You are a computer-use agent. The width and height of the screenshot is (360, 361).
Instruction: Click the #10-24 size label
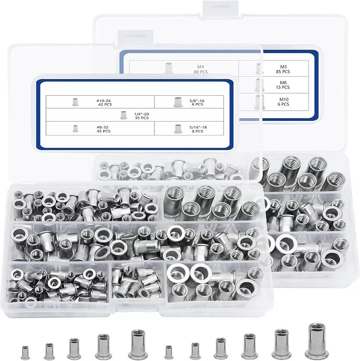104,100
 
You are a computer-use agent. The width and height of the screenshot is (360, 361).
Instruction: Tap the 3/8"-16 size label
197,100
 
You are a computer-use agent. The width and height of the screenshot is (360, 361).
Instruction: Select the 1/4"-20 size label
141,114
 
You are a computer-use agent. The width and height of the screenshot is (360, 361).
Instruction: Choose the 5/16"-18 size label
198,127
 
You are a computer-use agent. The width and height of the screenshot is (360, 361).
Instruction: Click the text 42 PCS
105,105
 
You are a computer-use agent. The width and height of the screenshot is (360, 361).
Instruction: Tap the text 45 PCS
104,131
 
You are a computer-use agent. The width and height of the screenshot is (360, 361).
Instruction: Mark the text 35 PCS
142,118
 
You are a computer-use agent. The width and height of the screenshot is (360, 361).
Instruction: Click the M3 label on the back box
283,67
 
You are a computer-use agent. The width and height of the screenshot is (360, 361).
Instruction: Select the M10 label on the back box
284,99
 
